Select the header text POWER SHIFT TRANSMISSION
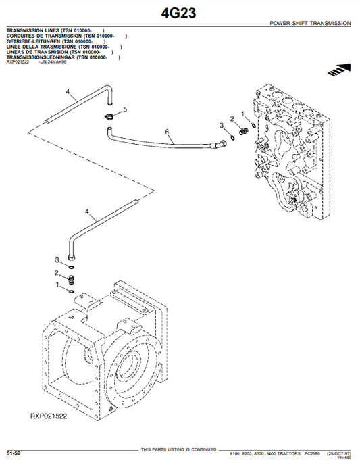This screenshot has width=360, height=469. pyautogui.click(x=310, y=23)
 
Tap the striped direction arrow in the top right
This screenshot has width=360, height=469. pyautogui.click(x=340, y=68)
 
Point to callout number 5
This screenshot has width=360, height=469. pyautogui.click(x=125, y=109)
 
